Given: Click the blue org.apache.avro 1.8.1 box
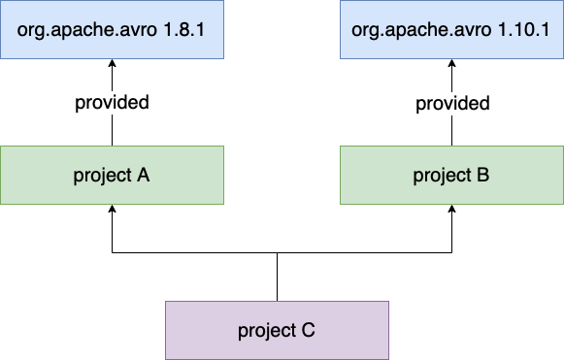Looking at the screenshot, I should click(x=112, y=29).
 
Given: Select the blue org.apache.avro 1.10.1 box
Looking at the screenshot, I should click(x=451, y=29).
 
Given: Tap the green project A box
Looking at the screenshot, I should click(x=112, y=175).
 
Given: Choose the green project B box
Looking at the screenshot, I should click(x=451, y=175).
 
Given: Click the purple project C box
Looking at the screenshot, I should click(x=277, y=330).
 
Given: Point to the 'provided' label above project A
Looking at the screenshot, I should click(x=112, y=102).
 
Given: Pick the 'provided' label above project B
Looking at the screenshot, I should click(x=451, y=102).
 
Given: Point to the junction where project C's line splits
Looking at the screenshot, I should click(x=277, y=254).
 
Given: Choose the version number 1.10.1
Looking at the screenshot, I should click(x=523, y=29).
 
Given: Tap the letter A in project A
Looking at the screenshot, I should click(x=143, y=176).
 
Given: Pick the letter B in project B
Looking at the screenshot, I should click(x=482, y=176).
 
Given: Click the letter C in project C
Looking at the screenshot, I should click(x=308, y=331).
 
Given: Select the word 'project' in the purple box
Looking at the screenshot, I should click(x=266, y=331).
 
